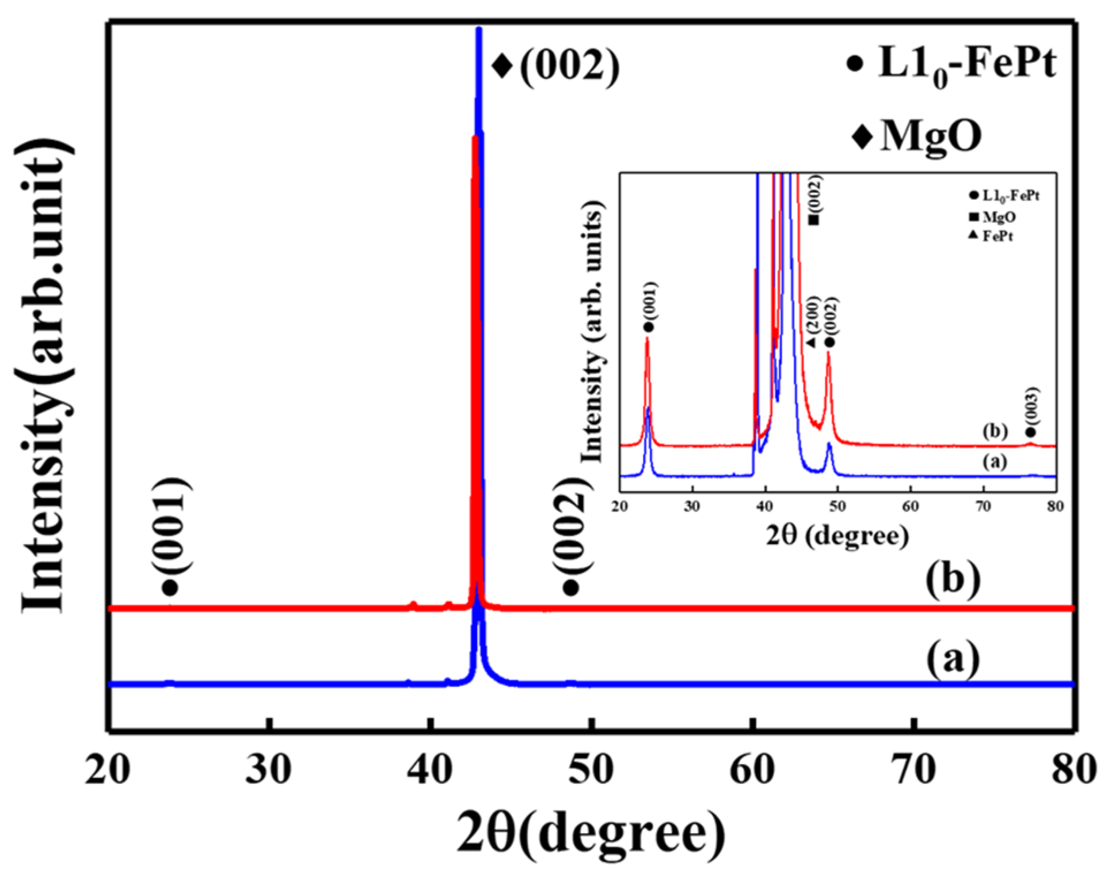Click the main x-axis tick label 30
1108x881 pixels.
268,770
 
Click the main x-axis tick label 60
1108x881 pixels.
752,770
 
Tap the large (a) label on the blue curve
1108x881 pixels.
953,658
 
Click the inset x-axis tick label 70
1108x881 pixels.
983,507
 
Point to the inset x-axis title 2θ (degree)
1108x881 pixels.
837,536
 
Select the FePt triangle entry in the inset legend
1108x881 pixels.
992,236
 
